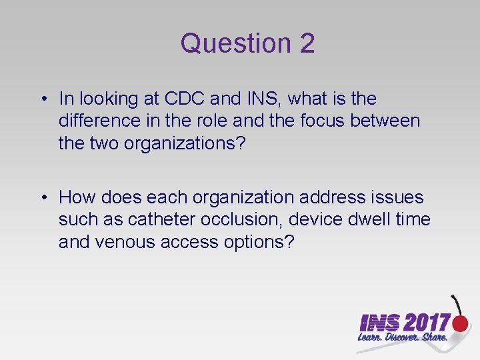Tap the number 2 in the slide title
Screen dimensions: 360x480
(307, 44)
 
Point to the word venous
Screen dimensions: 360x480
(126, 242)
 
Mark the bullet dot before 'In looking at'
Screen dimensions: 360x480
(43, 99)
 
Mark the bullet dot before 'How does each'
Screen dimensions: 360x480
(43, 197)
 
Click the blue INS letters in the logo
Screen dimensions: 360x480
(379, 323)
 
